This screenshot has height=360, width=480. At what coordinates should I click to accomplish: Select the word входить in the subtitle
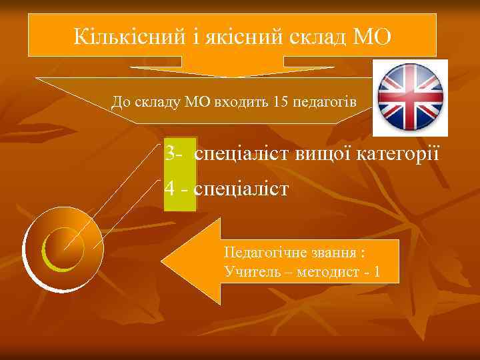(x=245, y=101)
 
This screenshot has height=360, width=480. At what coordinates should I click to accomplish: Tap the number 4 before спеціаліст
(x=170, y=189)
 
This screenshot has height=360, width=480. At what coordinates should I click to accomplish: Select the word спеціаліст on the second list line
(x=241, y=189)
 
